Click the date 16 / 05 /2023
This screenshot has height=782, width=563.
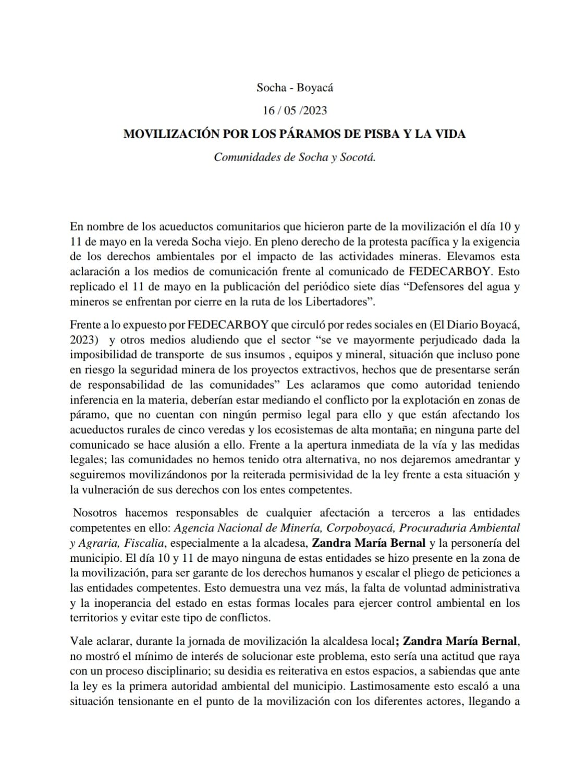click(x=295, y=111)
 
